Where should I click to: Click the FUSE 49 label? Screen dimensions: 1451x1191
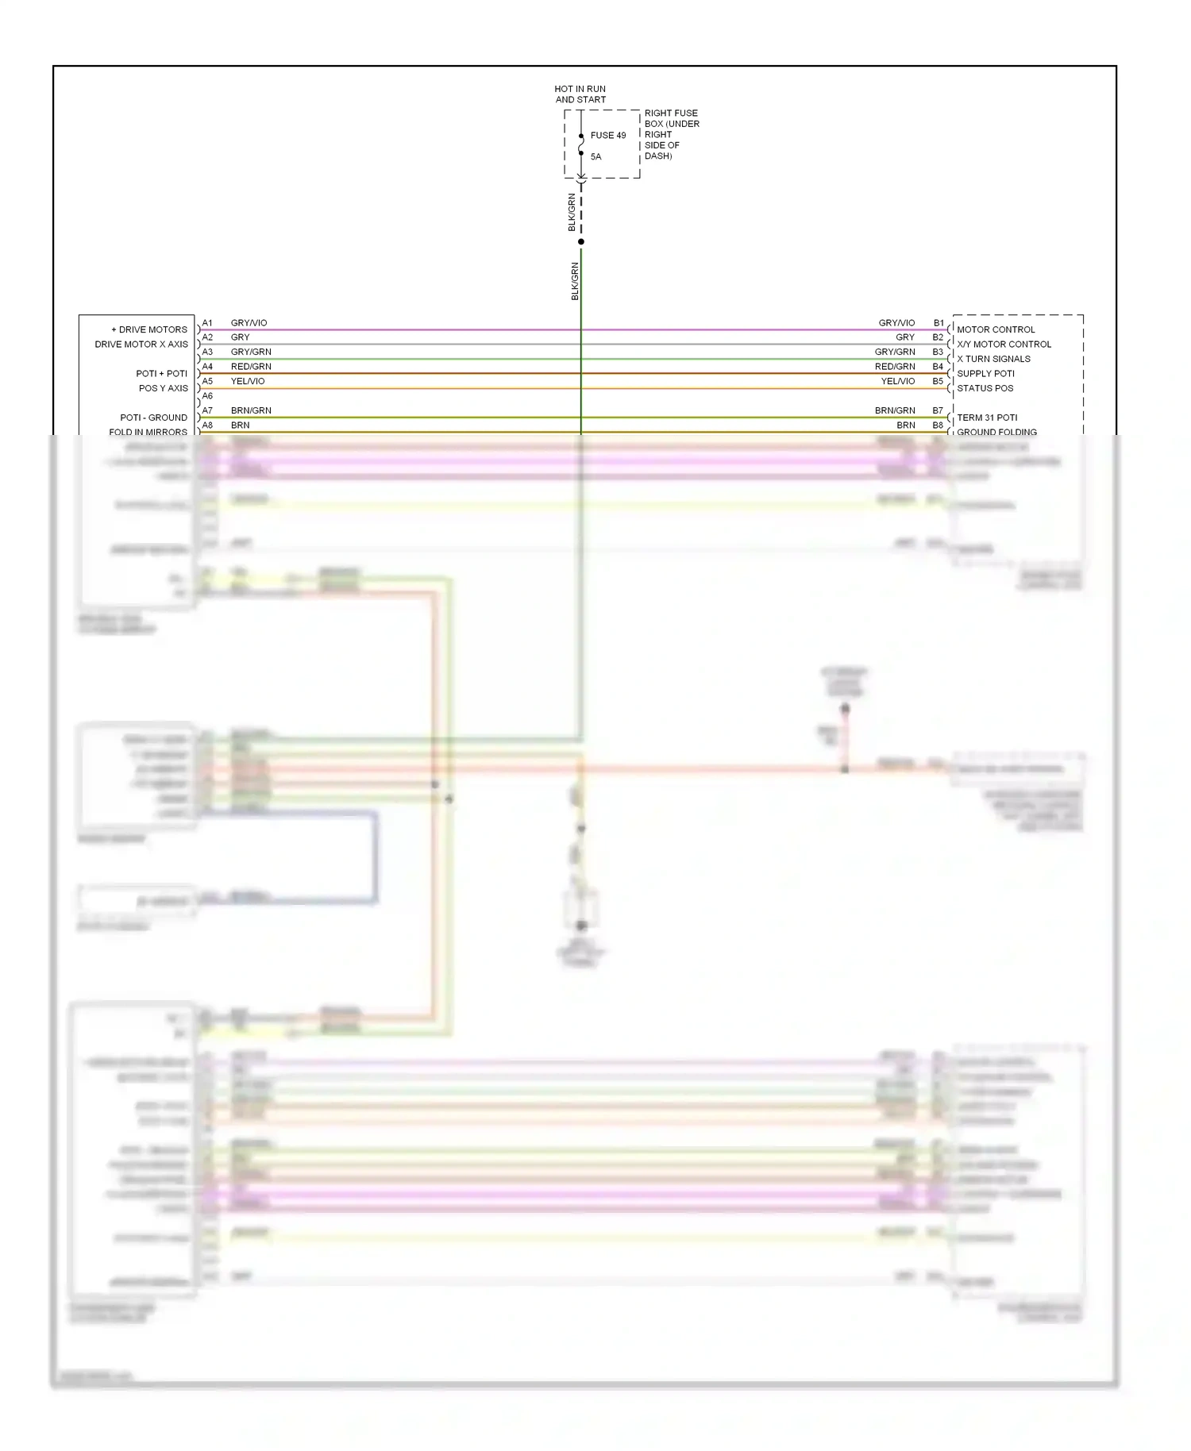pyautogui.click(x=607, y=136)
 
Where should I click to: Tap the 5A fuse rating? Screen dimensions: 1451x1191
pyautogui.click(x=595, y=157)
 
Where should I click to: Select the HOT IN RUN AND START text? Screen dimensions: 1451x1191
pyautogui.click(x=580, y=94)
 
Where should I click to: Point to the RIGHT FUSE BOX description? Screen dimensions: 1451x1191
pyautogui.click(x=671, y=134)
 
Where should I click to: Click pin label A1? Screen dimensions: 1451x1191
pyautogui.click(x=207, y=323)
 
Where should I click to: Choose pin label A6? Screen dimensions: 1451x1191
pyautogui.click(x=207, y=396)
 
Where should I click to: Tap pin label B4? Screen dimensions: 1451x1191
pyautogui.click(x=938, y=367)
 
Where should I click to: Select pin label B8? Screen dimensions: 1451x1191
pyautogui.click(x=938, y=425)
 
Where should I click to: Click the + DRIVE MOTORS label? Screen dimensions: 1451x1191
pyautogui.click(x=149, y=329)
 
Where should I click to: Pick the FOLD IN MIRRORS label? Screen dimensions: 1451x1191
pyautogui.click(x=148, y=432)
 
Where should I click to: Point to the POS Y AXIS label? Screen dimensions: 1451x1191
pyautogui.click(x=163, y=388)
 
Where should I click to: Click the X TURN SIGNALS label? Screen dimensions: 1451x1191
pyautogui.click(x=993, y=359)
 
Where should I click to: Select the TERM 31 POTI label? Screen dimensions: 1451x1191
pyautogui.click(x=987, y=418)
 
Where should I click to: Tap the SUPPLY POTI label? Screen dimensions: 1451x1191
pyautogui.click(x=985, y=374)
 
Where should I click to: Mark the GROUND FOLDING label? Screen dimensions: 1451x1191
pyautogui.click(x=996, y=432)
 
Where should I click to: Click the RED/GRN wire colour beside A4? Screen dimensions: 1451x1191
pyautogui.click(x=251, y=367)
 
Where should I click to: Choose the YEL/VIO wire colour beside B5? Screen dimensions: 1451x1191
pyautogui.click(x=898, y=381)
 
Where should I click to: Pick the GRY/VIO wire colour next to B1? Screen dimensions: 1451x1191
pyautogui.click(x=896, y=323)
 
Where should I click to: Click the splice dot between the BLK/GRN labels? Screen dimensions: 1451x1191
pyautogui.click(x=581, y=242)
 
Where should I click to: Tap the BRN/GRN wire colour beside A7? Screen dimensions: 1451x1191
pyautogui.click(x=251, y=410)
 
